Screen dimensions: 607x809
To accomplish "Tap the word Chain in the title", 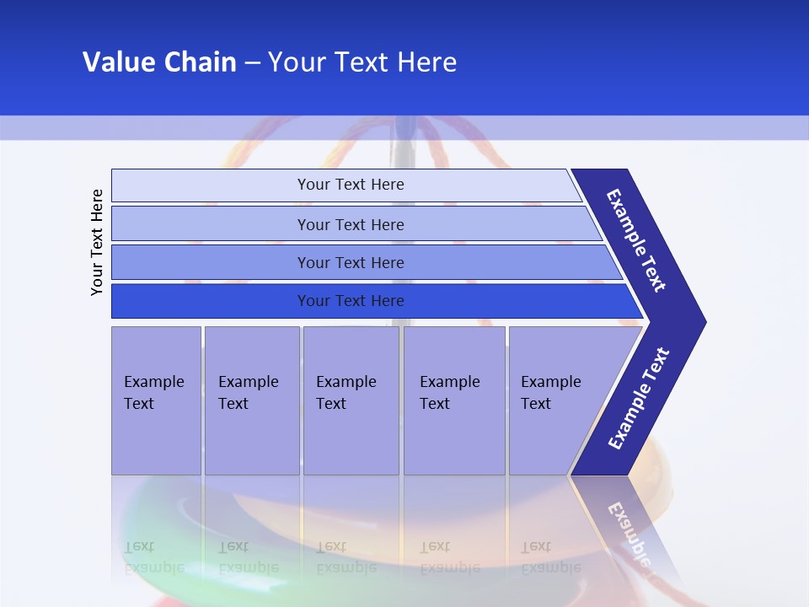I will [x=199, y=62].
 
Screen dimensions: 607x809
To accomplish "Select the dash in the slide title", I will [x=252, y=63].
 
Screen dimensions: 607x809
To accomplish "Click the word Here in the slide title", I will [x=426, y=62].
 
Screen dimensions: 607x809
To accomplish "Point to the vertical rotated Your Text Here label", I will [x=97, y=242].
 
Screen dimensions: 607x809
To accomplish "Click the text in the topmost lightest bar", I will [x=351, y=185].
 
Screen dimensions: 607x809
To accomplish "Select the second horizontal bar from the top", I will [x=351, y=224].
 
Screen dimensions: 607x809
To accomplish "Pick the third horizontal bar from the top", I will [x=351, y=262].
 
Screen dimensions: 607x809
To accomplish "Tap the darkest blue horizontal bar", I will [x=351, y=301].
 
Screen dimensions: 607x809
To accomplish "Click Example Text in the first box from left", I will [x=154, y=393].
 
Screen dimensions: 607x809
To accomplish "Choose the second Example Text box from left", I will [x=249, y=393].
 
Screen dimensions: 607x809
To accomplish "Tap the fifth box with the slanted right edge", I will [x=552, y=393].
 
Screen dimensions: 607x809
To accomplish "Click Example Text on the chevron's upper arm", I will [x=636, y=240].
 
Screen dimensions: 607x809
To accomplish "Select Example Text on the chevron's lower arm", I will [x=638, y=399].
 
